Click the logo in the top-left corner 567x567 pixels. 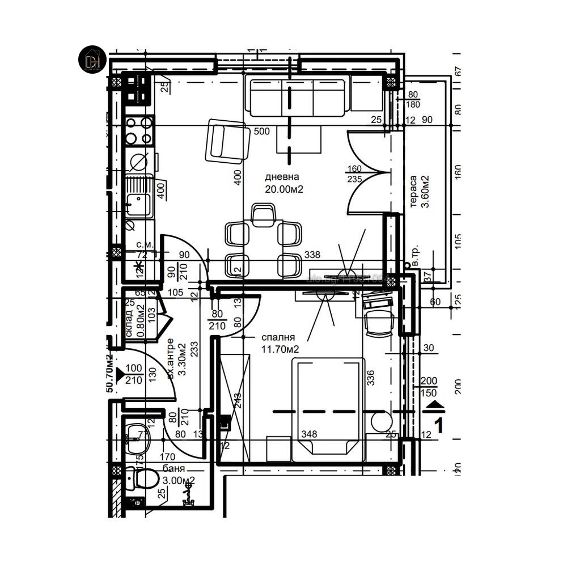pos(92,60)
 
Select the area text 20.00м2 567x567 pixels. pos(284,189)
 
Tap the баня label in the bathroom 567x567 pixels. pos(174,468)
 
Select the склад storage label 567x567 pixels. pos(129,323)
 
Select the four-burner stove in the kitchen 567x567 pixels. pos(139,130)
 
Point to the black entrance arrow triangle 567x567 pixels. pos(120,374)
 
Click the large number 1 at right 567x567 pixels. pos(438,425)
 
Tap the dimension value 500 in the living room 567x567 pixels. pos(261,132)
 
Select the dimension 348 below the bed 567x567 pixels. pos(309,434)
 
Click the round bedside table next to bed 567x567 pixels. pos(381,422)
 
